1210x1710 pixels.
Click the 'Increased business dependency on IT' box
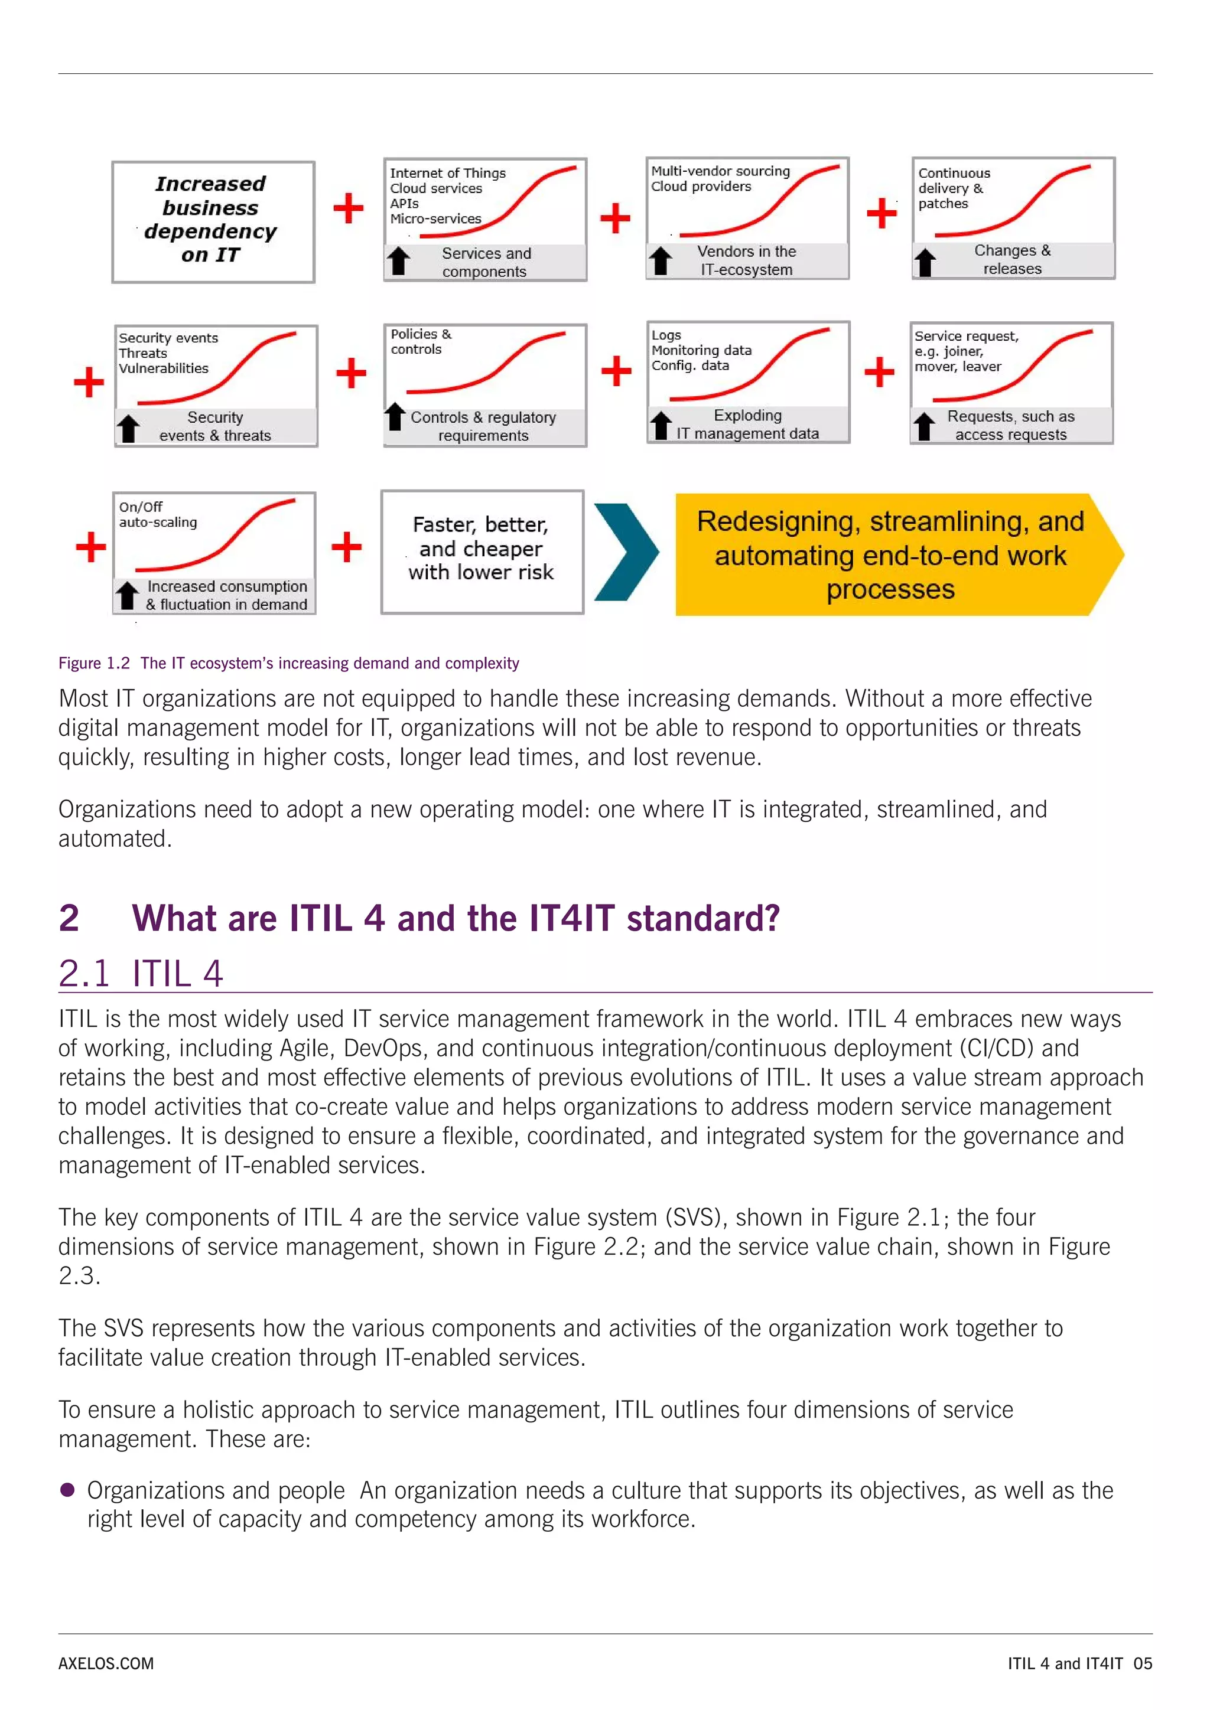(213, 221)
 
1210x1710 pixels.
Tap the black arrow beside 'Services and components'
(399, 262)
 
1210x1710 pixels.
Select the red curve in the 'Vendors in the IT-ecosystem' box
(759, 201)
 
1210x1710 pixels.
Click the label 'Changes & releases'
(1012, 259)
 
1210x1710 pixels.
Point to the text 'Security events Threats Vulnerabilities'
(168, 353)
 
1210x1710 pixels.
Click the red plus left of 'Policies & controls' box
(351, 373)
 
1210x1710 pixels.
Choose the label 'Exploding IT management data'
(747, 425)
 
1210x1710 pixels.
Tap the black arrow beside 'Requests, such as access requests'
(924, 426)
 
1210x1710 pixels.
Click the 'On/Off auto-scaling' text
(158, 515)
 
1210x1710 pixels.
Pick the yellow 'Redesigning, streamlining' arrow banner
(890, 555)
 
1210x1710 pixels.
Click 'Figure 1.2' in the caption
(94, 663)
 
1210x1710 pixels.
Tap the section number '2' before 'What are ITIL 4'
(69, 918)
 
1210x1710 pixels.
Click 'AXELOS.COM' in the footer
(106, 1663)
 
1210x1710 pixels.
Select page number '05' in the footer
(1142, 1663)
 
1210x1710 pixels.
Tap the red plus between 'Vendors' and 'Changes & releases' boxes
(882, 213)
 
